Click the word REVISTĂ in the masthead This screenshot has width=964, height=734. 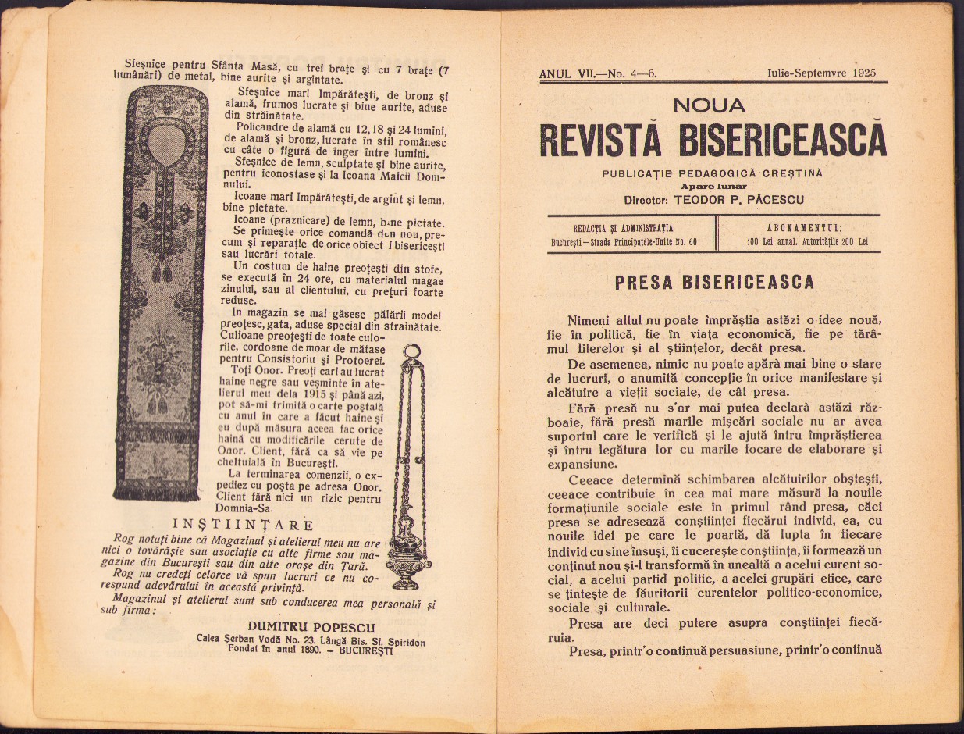click(x=600, y=140)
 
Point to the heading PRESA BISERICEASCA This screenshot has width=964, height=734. click(x=713, y=282)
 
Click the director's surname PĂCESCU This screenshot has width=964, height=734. click(x=769, y=199)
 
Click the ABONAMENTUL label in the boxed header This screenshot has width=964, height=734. click(x=803, y=228)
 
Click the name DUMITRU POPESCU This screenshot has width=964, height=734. click(x=311, y=627)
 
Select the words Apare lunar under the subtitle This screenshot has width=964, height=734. click(x=713, y=187)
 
